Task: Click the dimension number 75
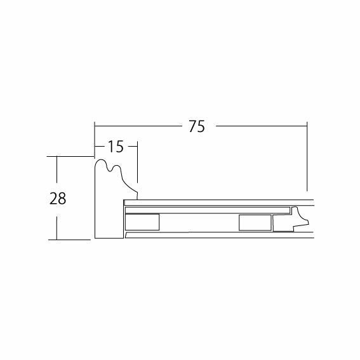pos(197,126)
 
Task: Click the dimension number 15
pos(116,147)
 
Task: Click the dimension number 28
pos(58,198)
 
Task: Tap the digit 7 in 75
pos(192,126)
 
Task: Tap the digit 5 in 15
pos(120,147)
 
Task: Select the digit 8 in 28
pos(62,198)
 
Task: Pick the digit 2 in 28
pos(54,198)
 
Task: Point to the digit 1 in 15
pos(111,147)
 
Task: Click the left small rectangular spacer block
pos(142,222)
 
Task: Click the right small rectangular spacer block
pos(255,223)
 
